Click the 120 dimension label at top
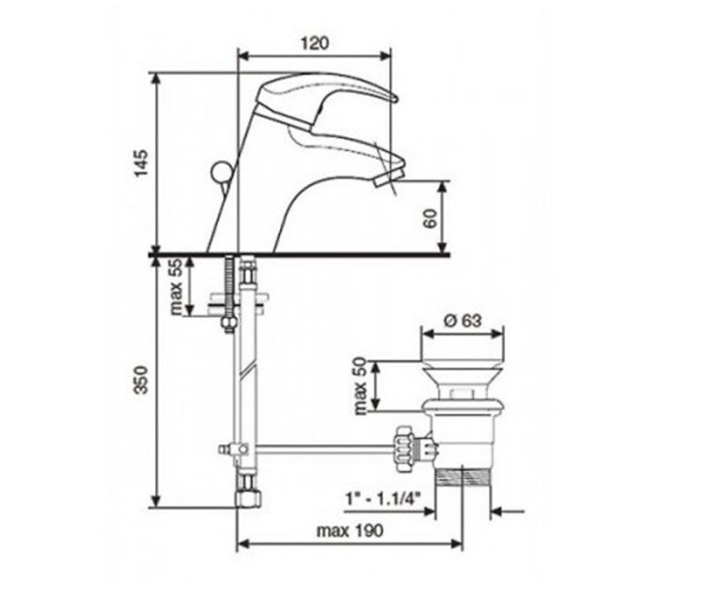(315, 44)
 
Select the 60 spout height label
(430, 219)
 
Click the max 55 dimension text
(176, 287)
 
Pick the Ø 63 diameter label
(463, 321)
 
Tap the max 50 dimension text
(361, 386)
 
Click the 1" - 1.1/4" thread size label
(383, 500)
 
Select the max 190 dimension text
(350, 530)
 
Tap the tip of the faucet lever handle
(395, 99)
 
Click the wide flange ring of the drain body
(463, 407)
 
